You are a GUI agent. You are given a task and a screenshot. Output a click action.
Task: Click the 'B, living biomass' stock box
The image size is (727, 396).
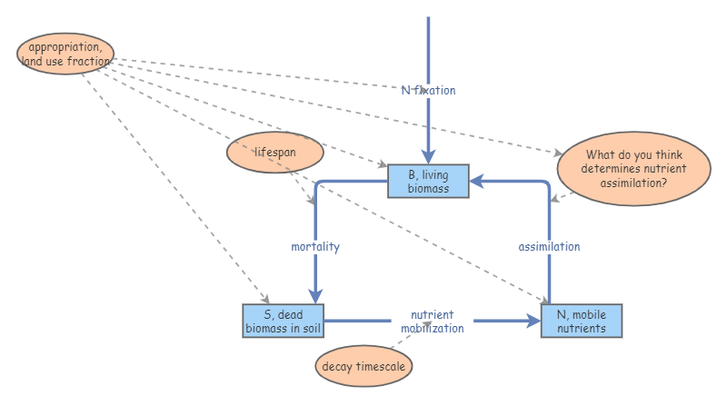click(428, 182)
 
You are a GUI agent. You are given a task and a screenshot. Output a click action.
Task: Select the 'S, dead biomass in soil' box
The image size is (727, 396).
click(283, 322)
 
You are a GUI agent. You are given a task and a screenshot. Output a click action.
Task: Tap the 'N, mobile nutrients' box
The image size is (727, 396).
click(582, 322)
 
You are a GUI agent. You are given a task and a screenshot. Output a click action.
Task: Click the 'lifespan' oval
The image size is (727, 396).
click(275, 152)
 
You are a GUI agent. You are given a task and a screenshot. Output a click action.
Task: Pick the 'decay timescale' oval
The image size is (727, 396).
click(364, 367)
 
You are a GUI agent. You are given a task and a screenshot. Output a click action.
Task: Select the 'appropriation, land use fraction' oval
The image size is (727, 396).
click(65, 54)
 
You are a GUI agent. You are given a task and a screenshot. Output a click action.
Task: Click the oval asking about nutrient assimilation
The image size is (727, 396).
click(633, 168)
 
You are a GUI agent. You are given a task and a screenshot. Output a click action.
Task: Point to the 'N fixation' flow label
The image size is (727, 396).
click(428, 90)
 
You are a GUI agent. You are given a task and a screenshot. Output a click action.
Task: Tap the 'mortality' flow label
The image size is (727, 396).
click(315, 246)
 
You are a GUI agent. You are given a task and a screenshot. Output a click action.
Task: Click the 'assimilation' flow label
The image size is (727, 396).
click(549, 246)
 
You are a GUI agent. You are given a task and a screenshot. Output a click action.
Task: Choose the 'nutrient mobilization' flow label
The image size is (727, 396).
click(433, 322)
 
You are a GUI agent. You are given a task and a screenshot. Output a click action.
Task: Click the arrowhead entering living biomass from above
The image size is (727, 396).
click(428, 157)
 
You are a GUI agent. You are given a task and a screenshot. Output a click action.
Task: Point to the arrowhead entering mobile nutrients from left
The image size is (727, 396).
click(533, 321)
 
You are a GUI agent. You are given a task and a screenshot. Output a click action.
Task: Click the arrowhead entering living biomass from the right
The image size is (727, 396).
click(476, 182)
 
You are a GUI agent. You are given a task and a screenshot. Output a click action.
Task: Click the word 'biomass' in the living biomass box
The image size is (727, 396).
click(428, 188)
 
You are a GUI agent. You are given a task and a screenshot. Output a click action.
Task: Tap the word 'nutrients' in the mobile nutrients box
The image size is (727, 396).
click(582, 328)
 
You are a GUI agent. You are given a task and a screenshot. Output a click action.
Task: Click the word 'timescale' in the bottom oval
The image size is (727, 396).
click(381, 367)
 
